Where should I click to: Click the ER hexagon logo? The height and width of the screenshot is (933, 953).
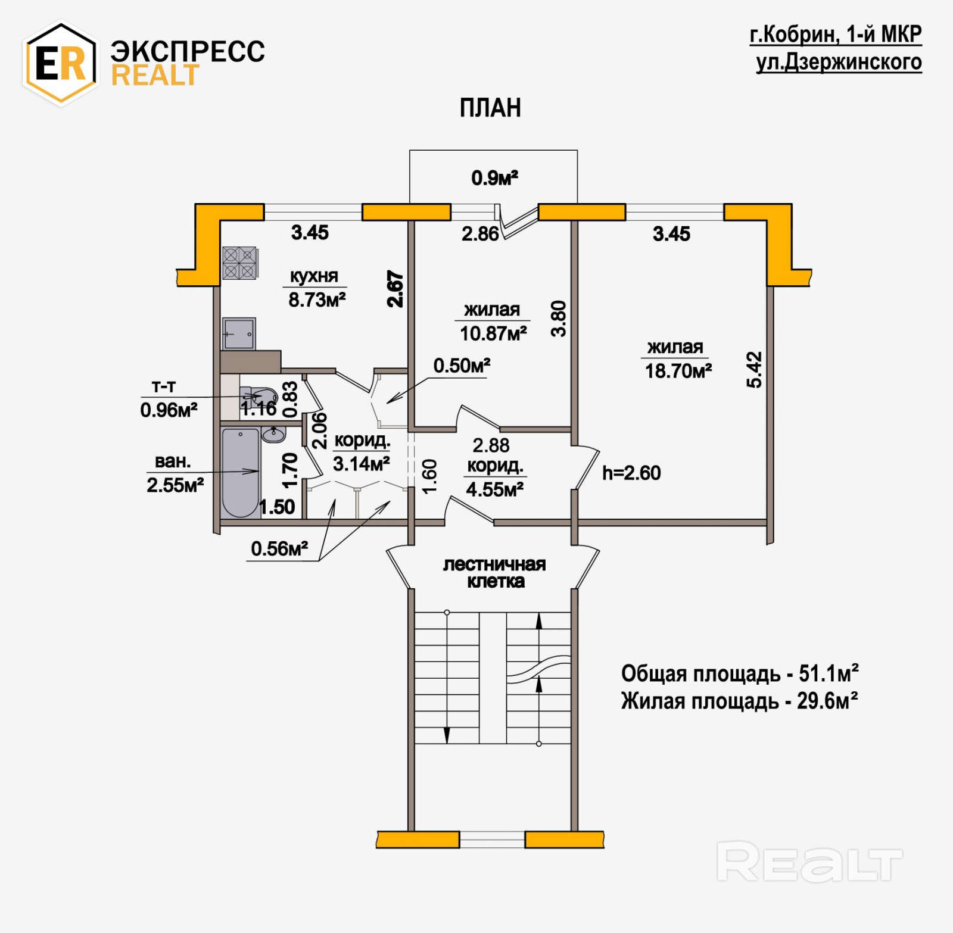(60, 63)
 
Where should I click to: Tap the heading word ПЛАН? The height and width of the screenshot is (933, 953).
(490, 108)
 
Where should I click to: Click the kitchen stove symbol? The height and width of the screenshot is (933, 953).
(239, 263)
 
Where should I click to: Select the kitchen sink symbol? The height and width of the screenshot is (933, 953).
(239, 333)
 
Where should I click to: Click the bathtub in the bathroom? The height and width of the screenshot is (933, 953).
(241, 472)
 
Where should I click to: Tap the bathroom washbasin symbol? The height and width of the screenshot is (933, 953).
(273, 434)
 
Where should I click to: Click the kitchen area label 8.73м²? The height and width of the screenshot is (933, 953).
(317, 299)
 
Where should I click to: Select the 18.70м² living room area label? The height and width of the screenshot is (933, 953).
(678, 371)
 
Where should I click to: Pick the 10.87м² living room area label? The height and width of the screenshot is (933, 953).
(493, 333)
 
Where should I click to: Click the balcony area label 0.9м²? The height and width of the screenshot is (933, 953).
(494, 177)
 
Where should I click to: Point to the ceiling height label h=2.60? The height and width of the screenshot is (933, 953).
(631, 473)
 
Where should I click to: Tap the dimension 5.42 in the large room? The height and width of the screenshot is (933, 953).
(754, 369)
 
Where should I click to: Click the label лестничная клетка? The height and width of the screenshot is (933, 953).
(494, 573)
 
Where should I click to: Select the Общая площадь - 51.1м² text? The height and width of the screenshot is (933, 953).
(739, 673)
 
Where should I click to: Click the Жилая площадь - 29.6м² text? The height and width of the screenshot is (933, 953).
(739, 701)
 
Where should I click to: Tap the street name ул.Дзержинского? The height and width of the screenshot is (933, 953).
(839, 62)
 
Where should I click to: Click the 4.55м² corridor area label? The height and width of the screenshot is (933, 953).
(494, 489)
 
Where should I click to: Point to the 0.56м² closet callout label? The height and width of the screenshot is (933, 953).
(279, 548)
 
